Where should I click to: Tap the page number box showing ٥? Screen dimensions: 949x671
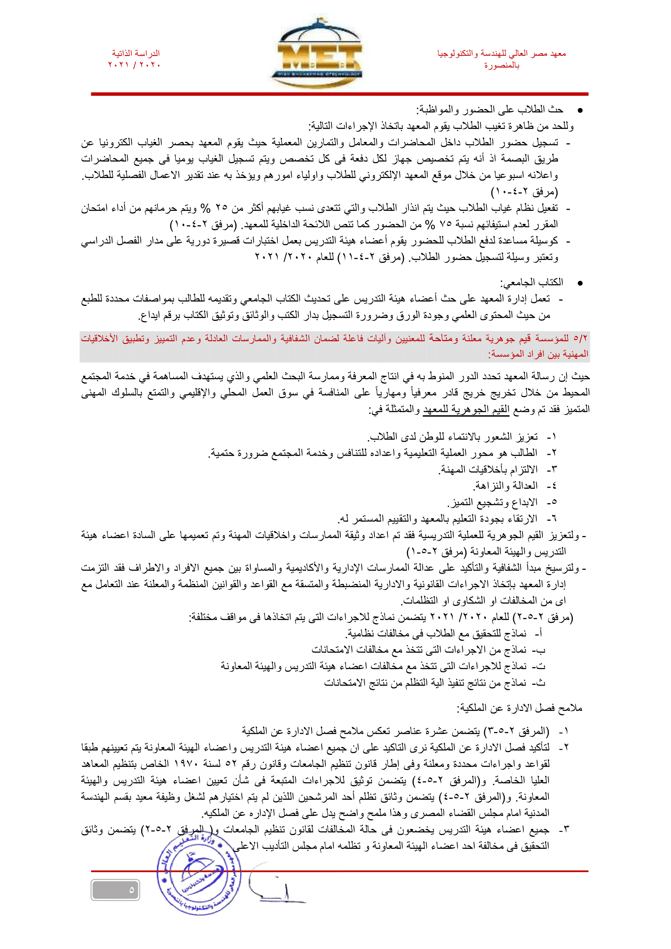click(x=115, y=890)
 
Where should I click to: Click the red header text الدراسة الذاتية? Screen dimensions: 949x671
click(x=135, y=53)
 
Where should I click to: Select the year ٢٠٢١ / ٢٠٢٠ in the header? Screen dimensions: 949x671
click(x=134, y=65)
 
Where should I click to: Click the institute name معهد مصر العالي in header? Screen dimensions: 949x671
click(x=501, y=53)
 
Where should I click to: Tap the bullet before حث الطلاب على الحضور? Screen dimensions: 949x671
click(x=580, y=110)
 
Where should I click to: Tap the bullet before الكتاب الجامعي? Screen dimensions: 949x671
click(x=580, y=283)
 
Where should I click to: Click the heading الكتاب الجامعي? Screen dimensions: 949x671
click(x=532, y=282)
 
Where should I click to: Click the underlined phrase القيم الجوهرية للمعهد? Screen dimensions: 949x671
click(x=466, y=409)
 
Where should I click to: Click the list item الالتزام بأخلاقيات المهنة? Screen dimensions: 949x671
click(x=488, y=469)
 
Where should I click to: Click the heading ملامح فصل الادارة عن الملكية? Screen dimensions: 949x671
click(x=519, y=708)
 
